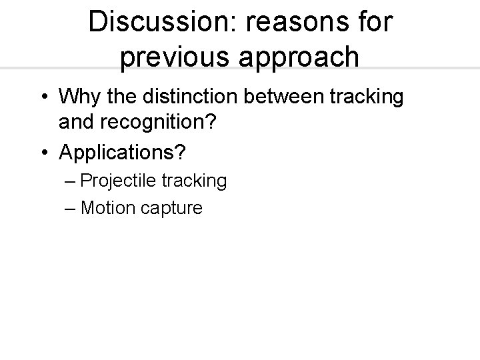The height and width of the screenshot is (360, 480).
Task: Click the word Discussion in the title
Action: tap(164, 21)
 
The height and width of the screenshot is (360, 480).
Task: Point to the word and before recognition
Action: tap(75, 123)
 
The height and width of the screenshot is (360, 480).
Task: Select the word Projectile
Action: tap(117, 181)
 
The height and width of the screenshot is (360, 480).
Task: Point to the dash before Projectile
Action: tap(71, 181)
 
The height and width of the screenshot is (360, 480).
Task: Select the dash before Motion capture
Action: tap(71, 207)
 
